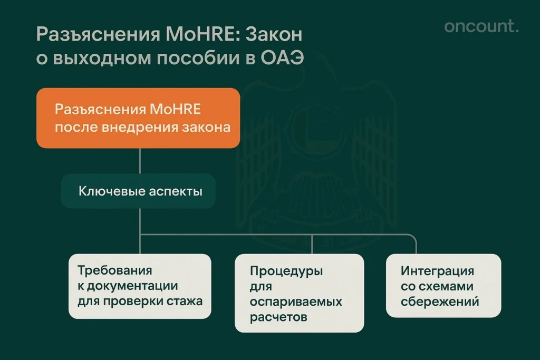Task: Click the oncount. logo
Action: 481,27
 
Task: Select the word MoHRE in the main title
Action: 187,35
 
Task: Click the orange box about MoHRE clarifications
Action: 138,118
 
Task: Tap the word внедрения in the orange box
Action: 139,127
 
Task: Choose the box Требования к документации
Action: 140,286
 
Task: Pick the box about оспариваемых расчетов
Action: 299,293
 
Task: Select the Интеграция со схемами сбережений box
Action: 443,285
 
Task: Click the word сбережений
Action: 440,301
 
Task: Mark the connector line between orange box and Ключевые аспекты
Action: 140,161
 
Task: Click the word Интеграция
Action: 437,271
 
